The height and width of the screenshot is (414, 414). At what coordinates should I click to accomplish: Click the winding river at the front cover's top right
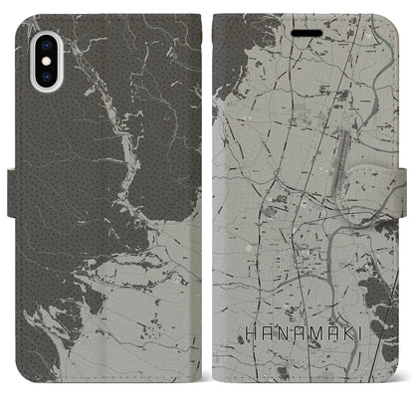tap(383, 40)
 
